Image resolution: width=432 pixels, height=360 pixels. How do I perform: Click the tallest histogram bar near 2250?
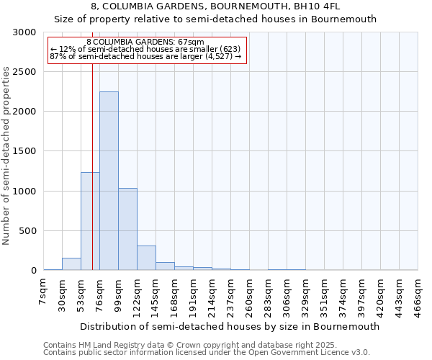point(109,181)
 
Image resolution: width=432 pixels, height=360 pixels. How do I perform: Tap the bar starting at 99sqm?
point(127,229)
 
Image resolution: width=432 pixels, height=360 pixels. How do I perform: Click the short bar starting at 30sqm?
point(71,264)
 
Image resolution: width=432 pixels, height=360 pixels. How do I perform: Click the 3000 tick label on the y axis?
point(24,32)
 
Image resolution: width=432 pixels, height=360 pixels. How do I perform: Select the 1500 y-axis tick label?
point(24,152)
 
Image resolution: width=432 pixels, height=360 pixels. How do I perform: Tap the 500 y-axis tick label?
point(27,231)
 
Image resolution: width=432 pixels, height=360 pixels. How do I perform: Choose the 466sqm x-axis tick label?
point(418,296)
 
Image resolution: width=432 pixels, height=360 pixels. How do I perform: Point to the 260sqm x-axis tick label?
point(249,296)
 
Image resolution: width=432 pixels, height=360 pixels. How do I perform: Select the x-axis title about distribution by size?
point(230,326)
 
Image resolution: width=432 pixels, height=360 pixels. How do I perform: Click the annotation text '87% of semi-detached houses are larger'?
point(146,56)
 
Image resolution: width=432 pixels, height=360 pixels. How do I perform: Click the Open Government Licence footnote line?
point(206,353)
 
